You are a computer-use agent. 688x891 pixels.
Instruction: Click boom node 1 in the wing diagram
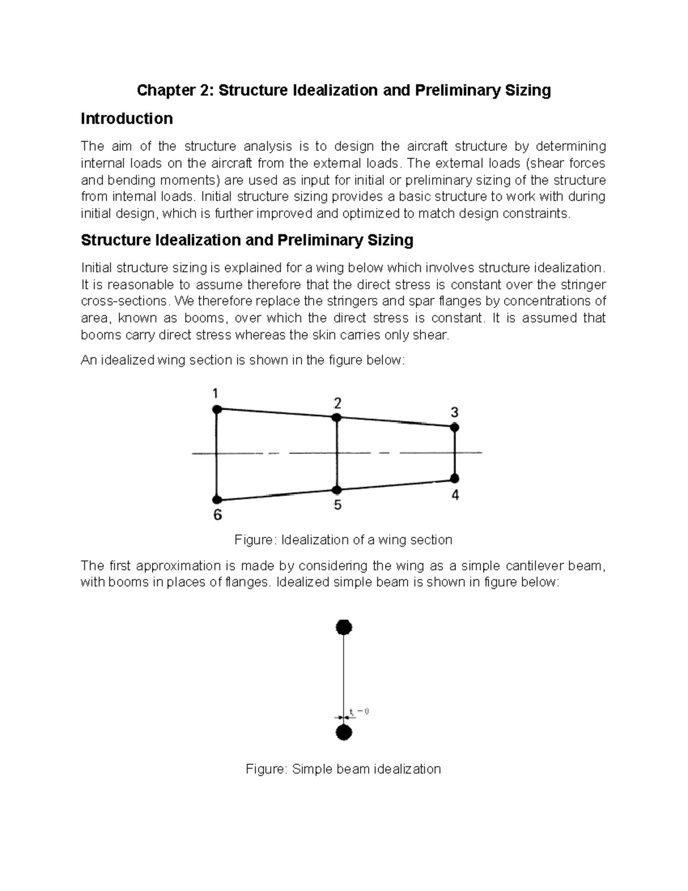[217, 409]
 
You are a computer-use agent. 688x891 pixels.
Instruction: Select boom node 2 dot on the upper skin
[337, 418]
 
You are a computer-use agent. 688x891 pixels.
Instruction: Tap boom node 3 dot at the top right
[455, 427]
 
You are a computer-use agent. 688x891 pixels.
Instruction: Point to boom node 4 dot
[455, 478]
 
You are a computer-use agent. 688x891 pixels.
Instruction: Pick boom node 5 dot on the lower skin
[337, 490]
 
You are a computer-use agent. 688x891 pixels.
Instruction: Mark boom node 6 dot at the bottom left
[217, 500]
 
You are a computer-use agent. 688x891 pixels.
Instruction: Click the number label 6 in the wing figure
[217, 515]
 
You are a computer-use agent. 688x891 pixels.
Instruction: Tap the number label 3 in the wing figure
[455, 413]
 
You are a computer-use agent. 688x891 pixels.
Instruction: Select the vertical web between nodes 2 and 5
[337, 453]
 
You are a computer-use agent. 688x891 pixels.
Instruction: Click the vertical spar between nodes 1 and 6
[217, 453]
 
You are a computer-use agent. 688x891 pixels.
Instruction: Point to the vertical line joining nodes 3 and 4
[455, 453]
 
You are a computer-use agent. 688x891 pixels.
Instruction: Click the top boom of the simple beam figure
[343, 627]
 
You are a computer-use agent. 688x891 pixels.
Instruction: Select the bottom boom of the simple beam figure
[343, 733]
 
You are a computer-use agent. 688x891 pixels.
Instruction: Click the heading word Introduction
[127, 119]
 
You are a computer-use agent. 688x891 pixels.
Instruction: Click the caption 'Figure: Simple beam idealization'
[343, 769]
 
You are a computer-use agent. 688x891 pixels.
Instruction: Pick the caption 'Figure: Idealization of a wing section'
[343, 540]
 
